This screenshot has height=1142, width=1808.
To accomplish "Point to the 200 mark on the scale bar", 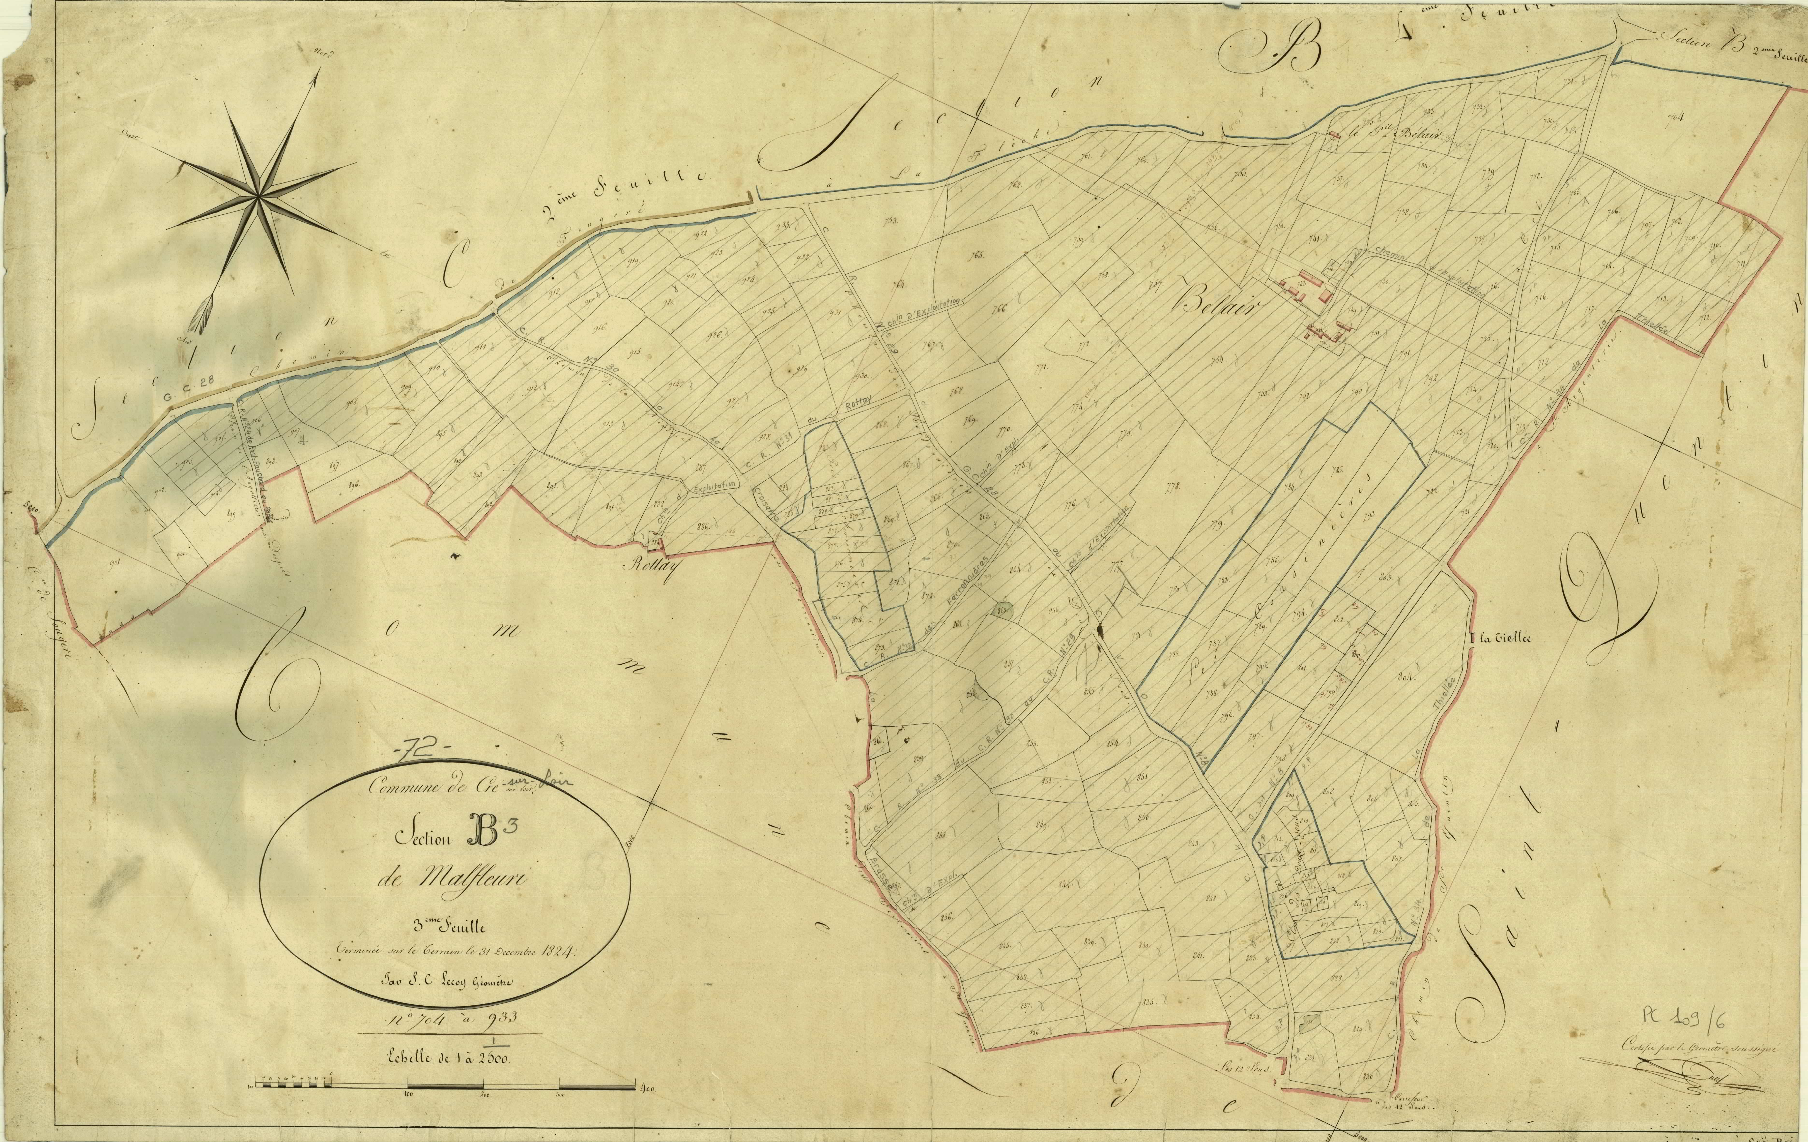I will (x=484, y=1095).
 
